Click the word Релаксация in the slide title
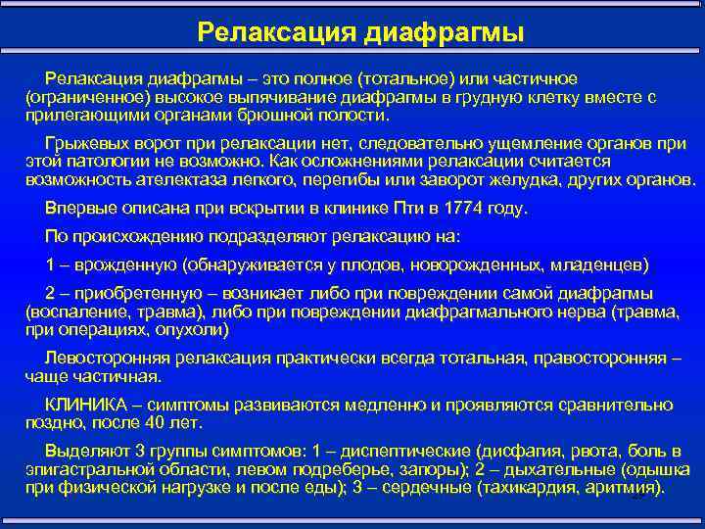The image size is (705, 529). [276, 32]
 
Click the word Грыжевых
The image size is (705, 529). [82, 144]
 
